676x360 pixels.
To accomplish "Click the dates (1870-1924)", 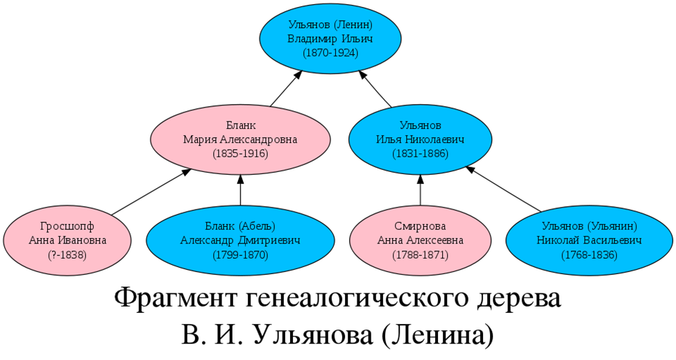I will click(x=330, y=52).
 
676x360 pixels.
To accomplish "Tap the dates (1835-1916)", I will click(x=240, y=153).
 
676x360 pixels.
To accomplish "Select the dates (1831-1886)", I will click(x=420, y=153).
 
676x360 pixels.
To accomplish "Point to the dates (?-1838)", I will click(x=67, y=255).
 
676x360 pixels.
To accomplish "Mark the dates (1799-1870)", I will click(x=240, y=255).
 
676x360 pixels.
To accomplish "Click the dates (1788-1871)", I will click(x=420, y=255).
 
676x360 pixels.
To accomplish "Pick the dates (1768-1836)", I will click(x=589, y=255).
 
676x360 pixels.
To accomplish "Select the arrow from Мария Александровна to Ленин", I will click(x=285, y=89).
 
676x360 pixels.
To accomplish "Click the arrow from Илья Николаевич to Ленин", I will click(x=375, y=89).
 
